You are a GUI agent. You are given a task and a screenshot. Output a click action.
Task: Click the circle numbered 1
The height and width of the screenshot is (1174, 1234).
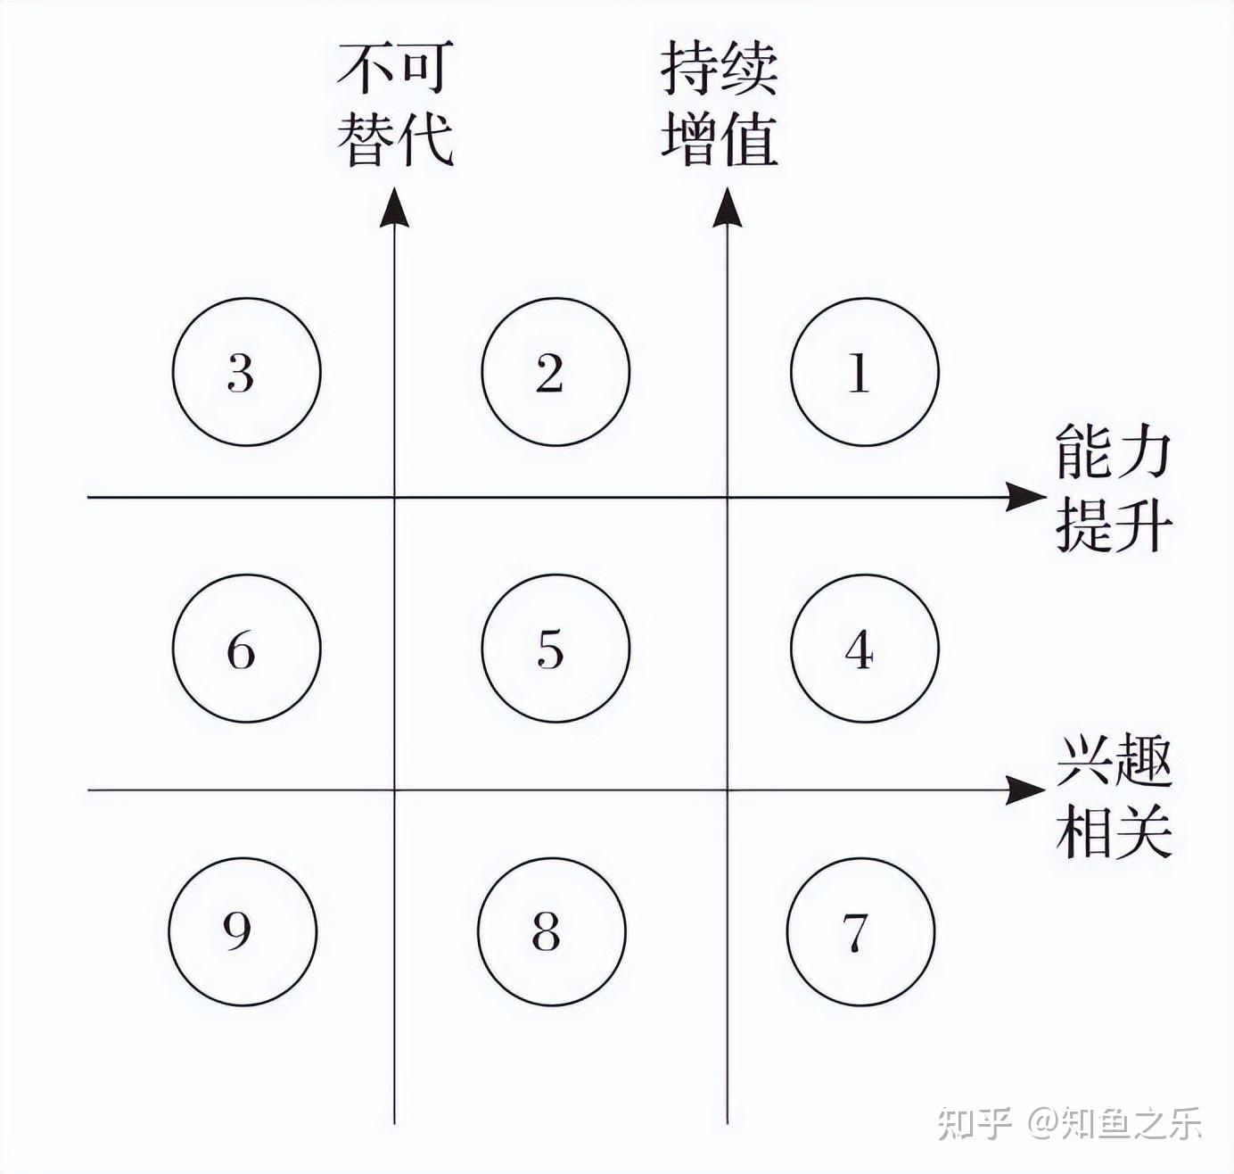point(865,372)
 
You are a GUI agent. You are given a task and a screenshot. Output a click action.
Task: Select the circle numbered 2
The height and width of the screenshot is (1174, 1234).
point(555,372)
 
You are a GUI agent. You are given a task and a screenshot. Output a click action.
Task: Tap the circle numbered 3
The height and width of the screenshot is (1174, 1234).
point(246,372)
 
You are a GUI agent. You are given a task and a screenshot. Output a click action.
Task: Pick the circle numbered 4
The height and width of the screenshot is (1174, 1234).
point(865,649)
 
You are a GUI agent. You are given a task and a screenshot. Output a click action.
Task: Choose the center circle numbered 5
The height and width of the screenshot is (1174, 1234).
point(555,649)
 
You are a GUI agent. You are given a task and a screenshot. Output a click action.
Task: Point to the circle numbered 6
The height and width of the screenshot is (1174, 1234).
point(246,649)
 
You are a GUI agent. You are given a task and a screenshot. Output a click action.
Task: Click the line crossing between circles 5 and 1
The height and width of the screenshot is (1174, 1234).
point(728,497)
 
